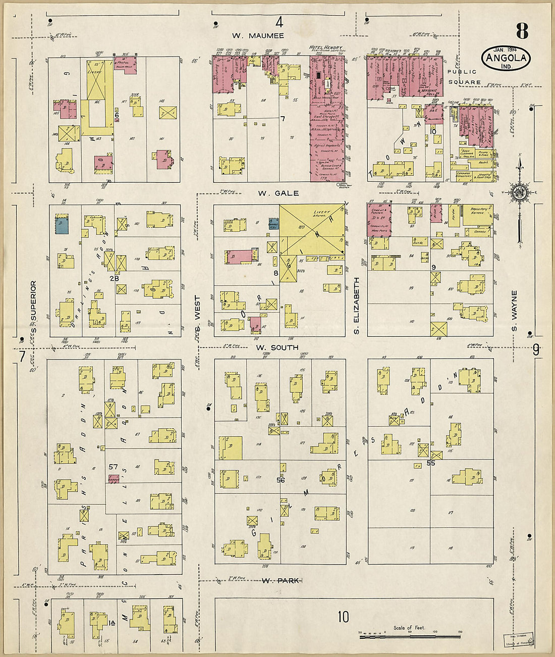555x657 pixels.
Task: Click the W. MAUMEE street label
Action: point(258,36)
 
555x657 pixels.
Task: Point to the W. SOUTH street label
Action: point(276,348)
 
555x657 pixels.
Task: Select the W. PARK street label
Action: point(282,581)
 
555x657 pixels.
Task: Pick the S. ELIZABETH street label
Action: point(356,305)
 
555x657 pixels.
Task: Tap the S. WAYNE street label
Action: point(514,311)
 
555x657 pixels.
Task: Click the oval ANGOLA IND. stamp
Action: point(506,58)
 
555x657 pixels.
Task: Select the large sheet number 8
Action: point(522,31)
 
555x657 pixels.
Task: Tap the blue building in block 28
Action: point(61,224)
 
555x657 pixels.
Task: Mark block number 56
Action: point(281,480)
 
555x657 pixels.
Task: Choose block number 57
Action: point(113,467)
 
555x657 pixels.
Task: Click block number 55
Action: point(431,463)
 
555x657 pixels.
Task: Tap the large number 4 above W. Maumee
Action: point(279,22)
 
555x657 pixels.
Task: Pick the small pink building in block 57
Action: point(114,478)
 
